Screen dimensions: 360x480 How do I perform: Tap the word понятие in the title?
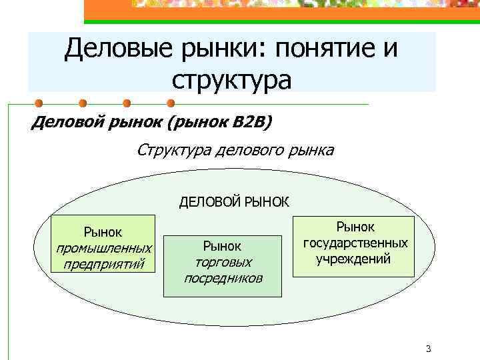330,49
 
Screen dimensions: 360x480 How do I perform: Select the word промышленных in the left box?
103,248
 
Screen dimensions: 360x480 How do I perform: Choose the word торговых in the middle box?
223,262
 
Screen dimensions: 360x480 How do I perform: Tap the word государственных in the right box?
355,243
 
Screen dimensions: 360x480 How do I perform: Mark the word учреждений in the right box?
355,258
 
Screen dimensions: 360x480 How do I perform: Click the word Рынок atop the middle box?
223,247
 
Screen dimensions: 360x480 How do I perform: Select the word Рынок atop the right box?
355,227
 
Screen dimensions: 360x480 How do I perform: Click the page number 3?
428,349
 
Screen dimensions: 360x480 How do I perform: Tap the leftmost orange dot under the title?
39,103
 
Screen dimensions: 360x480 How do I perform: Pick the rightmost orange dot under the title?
170,103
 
